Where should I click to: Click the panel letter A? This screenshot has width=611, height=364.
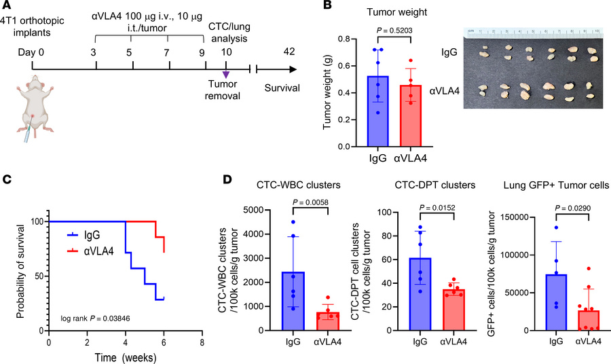[6, 7]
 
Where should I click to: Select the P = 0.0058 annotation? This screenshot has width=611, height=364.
[308, 199]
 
